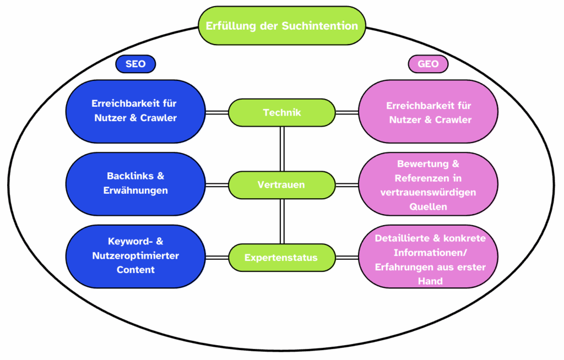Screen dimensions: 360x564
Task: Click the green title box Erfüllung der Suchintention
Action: [282, 26]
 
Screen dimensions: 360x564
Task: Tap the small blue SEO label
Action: [135, 64]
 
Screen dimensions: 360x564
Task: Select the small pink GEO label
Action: [428, 64]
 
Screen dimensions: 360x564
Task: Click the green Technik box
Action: [281, 112]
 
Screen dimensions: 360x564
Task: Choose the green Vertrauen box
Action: [281, 184]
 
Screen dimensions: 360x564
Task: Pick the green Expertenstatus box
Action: [281, 257]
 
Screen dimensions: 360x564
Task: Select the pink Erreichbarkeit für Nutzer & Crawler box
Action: [429, 112]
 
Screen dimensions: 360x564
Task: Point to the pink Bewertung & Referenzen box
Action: [429, 184]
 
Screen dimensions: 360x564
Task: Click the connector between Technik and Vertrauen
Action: [282, 148]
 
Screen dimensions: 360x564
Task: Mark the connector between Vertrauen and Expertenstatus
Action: [282, 221]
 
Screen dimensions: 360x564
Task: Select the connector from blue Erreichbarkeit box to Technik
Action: [217, 112]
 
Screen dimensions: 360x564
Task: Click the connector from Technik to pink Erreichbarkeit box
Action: [347, 112]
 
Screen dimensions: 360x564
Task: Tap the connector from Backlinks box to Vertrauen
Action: [217, 184]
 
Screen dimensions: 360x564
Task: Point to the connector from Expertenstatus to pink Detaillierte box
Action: [347, 257]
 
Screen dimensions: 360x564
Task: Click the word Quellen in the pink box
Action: [429, 207]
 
